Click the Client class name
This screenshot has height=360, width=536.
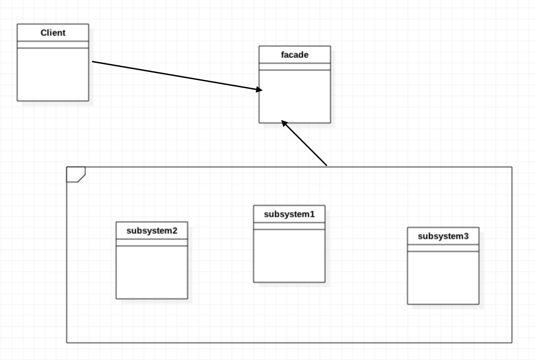pyautogui.click(x=53, y=33)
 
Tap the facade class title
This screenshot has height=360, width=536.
pyautogui.click(x=295, y=55)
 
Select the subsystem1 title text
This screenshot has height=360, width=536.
pyautogui.click(x=289, y=214)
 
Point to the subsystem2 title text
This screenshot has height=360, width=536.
pyautogui.click(x=152, y=231)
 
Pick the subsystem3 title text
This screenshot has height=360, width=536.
pyautogui.click(x=443, y=236)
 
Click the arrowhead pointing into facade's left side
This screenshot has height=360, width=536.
pyautogui.click(x=259, y=90)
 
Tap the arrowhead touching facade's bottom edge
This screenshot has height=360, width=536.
pyautogui.click(x=284, y=123)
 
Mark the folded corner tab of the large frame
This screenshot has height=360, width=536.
pyautogui.click(x=75, y=174)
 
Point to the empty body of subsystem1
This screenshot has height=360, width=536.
pyautogui.click(x=289, y=256)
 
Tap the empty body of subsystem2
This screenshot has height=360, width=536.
pyautogui.click(x=152, y=272)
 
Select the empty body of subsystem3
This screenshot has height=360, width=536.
pyautogui.click(x=443, y=278)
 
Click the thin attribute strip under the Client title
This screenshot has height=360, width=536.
pyautogui.click(x=53, y=45)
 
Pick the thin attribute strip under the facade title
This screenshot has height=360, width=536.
pyautogui.click(x=295, y=67)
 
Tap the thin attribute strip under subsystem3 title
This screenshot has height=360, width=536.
pyautogui.click(x=443, y=248)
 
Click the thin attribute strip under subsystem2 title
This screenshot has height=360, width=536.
pyautogui.click(x=152, y=243)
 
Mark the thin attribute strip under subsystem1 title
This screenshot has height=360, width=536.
pyautogui.click(x=289, y=226)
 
